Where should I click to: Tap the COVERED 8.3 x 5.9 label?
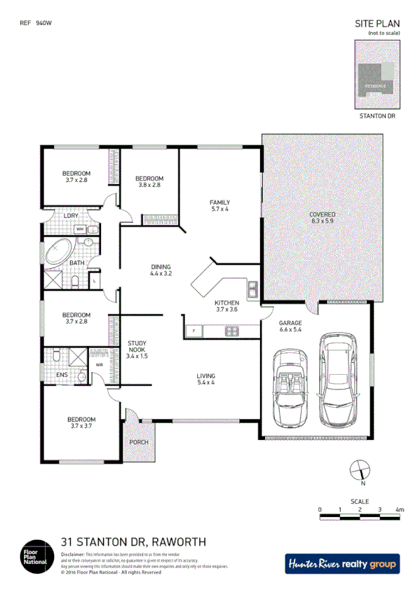tap(323, 217)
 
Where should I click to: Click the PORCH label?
tap(139, 443)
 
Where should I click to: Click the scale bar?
tap(360, 517)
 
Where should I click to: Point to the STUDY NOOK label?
tap(137, 349)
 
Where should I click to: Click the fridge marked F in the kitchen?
tap(193, 330)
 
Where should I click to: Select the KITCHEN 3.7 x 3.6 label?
tap(226, 306)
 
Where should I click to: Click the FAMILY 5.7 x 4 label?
tap(220, 205)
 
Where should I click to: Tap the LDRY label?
tap(72, 216)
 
